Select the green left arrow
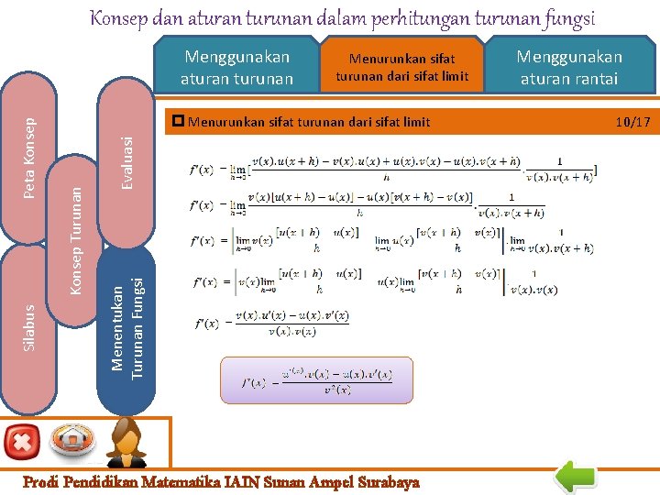577,477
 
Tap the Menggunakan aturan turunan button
236,68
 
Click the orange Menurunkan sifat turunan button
401,68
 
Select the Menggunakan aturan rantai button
569,68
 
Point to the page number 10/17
632,121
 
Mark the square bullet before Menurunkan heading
179,121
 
